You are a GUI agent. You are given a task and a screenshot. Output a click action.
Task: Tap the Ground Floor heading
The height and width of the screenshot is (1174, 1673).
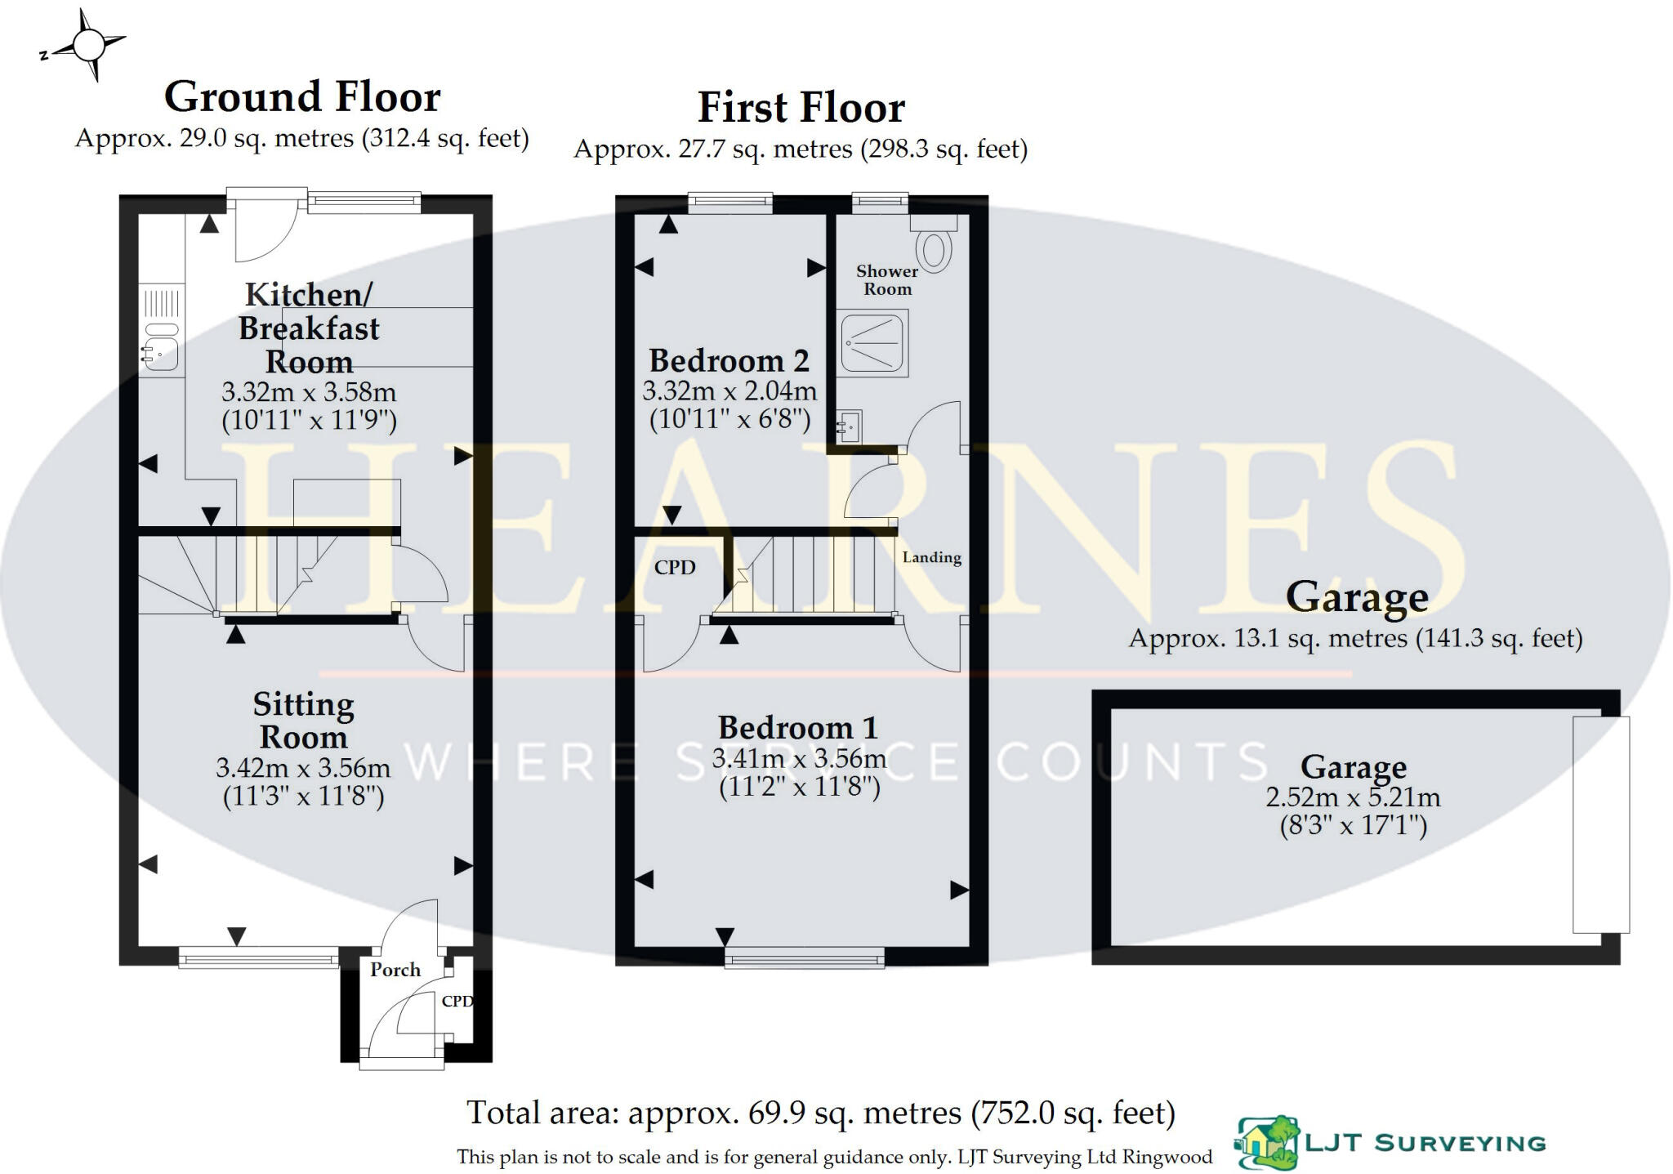[302, 97]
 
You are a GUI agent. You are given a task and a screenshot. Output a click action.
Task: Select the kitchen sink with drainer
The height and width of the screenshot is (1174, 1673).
[161, 330]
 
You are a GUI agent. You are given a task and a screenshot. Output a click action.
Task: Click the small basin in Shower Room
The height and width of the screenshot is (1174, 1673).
[848, 426]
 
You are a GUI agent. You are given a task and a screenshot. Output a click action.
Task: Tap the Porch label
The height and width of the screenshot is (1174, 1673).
[395, 970]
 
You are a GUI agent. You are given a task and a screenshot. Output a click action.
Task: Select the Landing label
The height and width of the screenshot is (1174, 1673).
[931, 557]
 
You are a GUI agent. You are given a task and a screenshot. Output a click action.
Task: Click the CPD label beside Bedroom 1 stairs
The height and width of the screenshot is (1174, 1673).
[675, 567]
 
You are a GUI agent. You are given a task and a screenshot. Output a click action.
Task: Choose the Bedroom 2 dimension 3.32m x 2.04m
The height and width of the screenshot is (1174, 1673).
[729, 391]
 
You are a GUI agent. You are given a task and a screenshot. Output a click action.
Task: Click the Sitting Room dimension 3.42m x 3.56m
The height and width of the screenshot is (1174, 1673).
[303, 768]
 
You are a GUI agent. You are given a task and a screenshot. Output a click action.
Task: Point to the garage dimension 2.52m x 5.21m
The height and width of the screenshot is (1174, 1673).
[1353, 797]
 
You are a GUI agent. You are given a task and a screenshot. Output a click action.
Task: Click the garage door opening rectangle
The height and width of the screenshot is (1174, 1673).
[1601, 824]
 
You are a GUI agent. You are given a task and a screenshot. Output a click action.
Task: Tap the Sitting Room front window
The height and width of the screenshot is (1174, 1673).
[258, 957]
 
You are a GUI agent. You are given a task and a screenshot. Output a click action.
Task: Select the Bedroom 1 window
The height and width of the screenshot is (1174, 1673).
[804, 957]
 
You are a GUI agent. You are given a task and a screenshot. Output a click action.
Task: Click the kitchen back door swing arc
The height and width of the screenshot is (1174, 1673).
[263, 234]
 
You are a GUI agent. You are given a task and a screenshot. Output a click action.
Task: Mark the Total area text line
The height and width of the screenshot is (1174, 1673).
[820, 1113]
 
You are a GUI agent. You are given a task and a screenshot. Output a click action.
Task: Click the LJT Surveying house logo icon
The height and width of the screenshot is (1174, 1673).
[1265, 1143]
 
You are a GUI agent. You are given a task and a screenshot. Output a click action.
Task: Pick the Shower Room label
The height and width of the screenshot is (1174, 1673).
[887, 280]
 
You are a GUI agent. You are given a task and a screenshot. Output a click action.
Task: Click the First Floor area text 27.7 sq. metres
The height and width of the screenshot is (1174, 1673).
[801, 150]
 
